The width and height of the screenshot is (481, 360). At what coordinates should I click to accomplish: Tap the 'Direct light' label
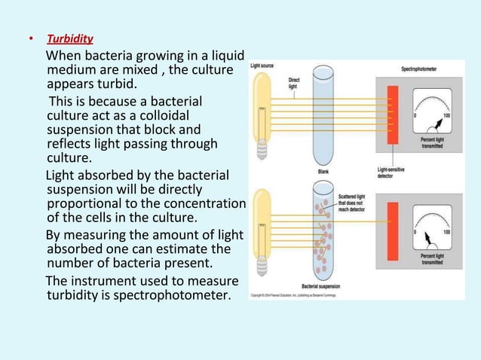pos(295,82)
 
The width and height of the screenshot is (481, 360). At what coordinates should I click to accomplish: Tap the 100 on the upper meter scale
pos(446,115)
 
